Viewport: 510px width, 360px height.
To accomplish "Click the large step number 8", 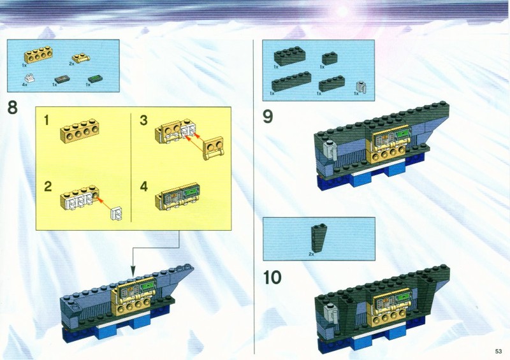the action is coord(12,107).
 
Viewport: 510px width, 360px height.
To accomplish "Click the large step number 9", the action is coord(268,117).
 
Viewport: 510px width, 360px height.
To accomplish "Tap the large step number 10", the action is coord(272,278).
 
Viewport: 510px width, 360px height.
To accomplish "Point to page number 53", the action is coord(499,351).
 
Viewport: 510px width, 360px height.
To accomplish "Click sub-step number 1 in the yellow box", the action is coord(47,120).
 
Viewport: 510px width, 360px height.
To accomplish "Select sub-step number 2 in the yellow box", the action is coord(48,186).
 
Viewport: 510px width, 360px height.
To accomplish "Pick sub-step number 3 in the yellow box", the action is coord(143,120).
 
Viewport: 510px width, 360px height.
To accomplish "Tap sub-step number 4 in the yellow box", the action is coord(144,186).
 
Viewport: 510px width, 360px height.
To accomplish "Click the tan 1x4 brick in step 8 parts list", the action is coord(38,55).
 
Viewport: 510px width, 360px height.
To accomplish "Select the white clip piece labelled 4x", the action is coord(29,78).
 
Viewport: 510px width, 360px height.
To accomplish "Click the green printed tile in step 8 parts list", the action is coord(95,79).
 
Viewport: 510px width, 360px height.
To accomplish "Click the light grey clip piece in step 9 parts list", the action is coord(361,87).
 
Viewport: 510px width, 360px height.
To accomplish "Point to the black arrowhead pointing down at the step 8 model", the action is coord(133,271).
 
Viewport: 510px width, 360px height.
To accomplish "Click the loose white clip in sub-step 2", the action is coord(117,213).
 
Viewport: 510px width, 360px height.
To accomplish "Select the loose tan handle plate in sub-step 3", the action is coord(213,148).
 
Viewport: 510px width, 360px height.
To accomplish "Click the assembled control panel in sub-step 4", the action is coord(177,196).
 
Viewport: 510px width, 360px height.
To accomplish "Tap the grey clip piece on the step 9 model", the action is coord(330,150).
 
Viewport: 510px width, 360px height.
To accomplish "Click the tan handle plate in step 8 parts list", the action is coord(81,58).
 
